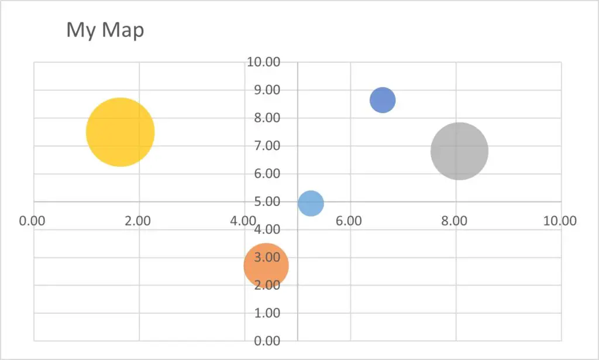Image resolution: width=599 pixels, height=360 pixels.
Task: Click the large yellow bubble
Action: click(x=120, y=132)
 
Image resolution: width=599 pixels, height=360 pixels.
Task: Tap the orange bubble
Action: click(x=266, y=266)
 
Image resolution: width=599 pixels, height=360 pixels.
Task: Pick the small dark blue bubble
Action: click(x=383, y=100)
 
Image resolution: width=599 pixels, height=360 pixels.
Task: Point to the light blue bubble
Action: click(x=311, y=203)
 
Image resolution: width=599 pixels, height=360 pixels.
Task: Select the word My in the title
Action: click(x=81, y=30)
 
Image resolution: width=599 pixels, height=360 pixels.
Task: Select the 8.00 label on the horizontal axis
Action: click(x=455, y=221)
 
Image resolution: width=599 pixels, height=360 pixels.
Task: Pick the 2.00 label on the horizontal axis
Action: click(x=138, y=221)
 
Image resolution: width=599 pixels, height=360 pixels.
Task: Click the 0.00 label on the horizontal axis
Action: click(x=32, y=221)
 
